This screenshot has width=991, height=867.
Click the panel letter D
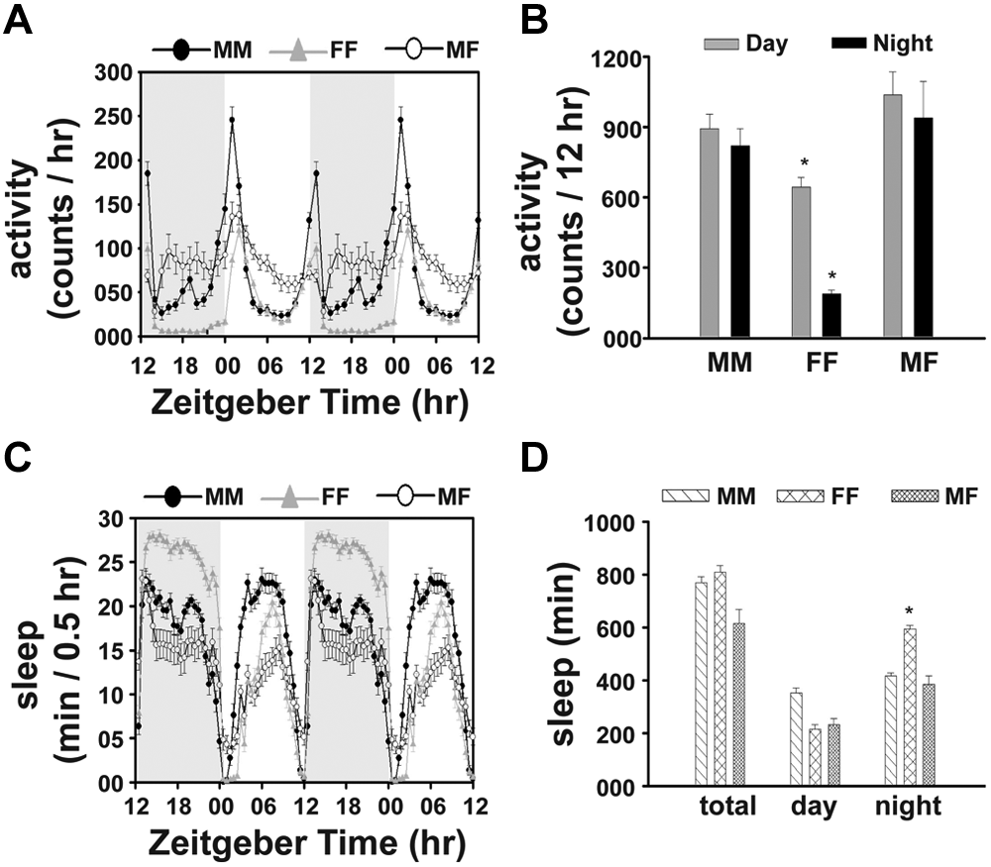coord(535,460)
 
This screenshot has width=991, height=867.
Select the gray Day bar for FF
coord(801,262)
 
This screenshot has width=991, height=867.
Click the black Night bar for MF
coord(924,228)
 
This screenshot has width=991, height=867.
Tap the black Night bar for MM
coord(740,242)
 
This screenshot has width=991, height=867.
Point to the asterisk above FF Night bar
coord(831,276)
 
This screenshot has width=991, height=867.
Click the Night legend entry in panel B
coord(882,44)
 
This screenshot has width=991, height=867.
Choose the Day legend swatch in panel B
coord(721,44)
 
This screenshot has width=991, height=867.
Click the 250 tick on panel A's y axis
coord(115,117)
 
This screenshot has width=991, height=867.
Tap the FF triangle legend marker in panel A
coord(298,50)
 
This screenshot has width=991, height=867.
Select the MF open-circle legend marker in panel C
coord(405,496)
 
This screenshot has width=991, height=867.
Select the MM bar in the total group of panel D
coord(701,684)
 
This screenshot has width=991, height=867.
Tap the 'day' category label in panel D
coord(813,808)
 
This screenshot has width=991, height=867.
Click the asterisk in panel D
coord(909,611)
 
